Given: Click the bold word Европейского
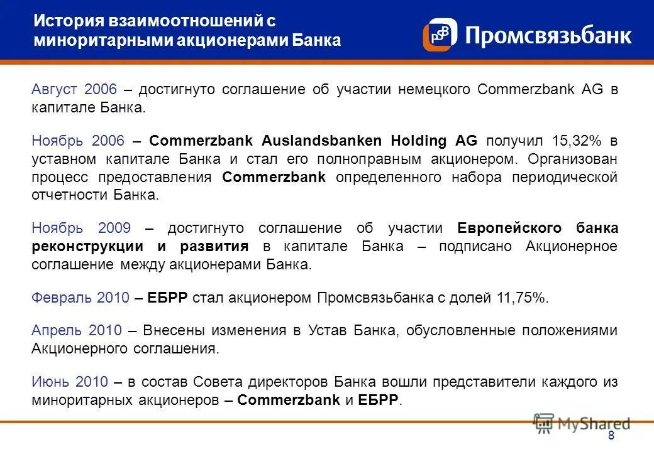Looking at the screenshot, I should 509,229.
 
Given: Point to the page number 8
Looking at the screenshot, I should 611,437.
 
